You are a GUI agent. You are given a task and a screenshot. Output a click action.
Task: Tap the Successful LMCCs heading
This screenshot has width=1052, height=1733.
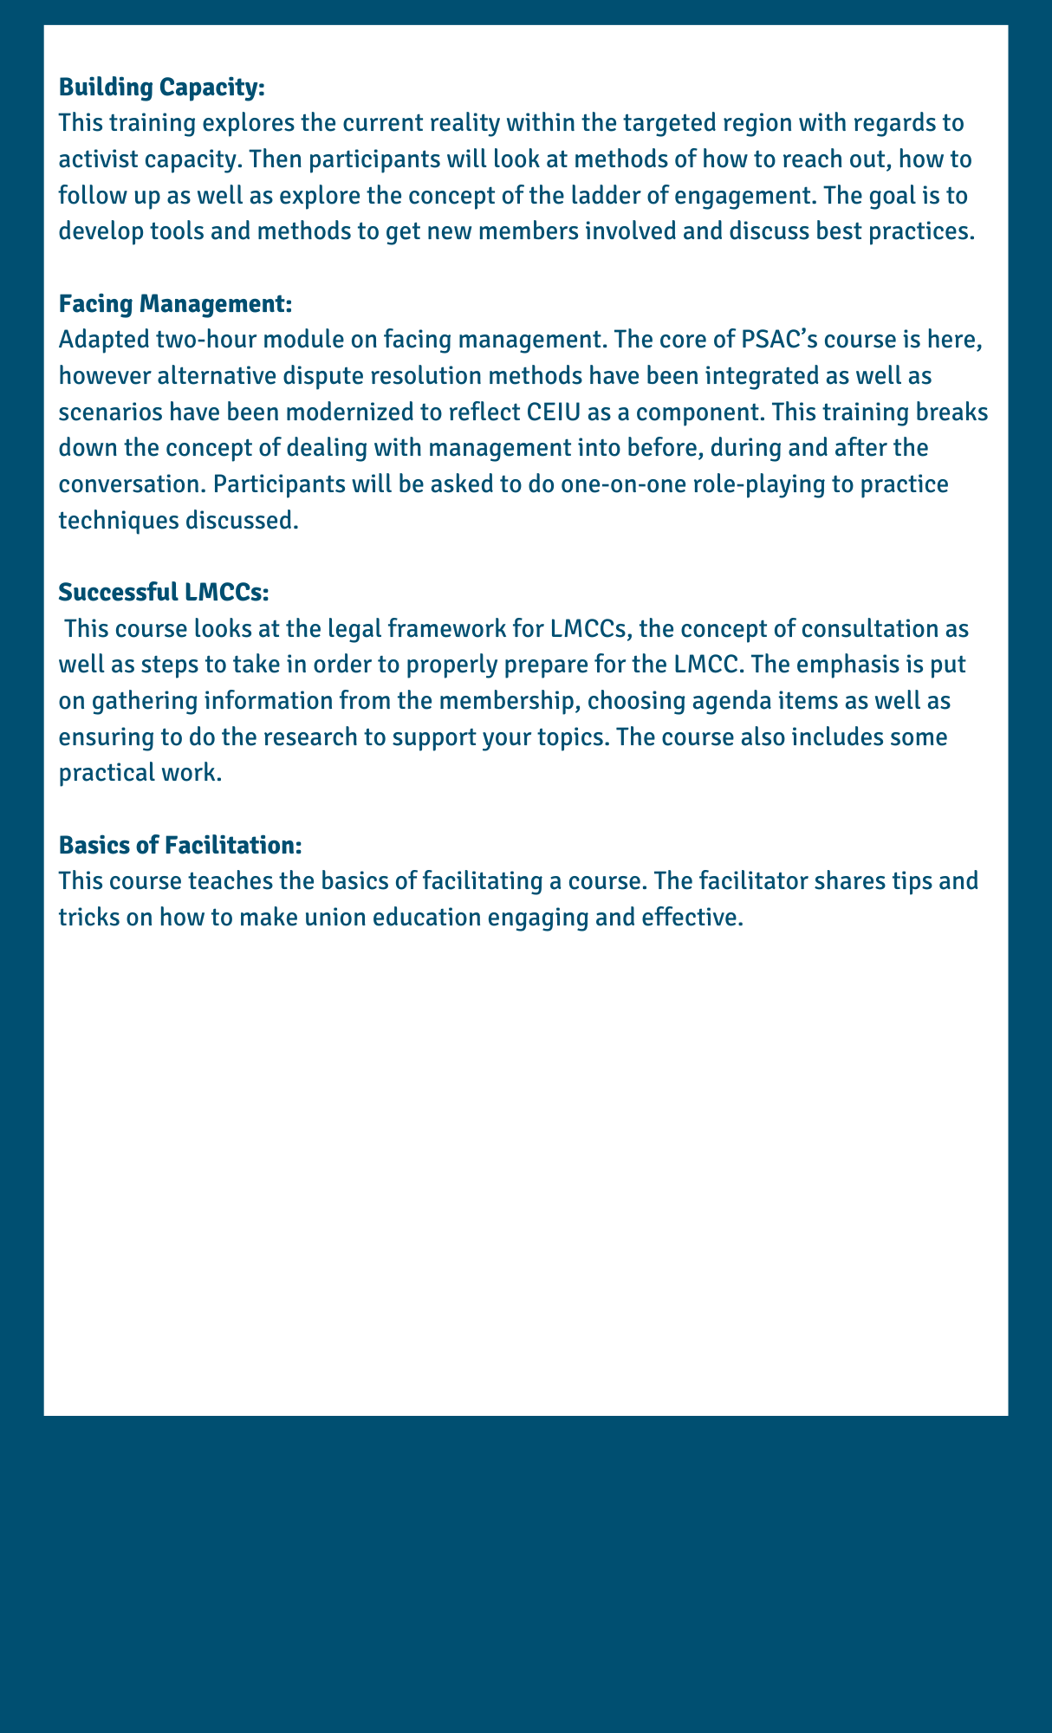click(165, 592)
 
